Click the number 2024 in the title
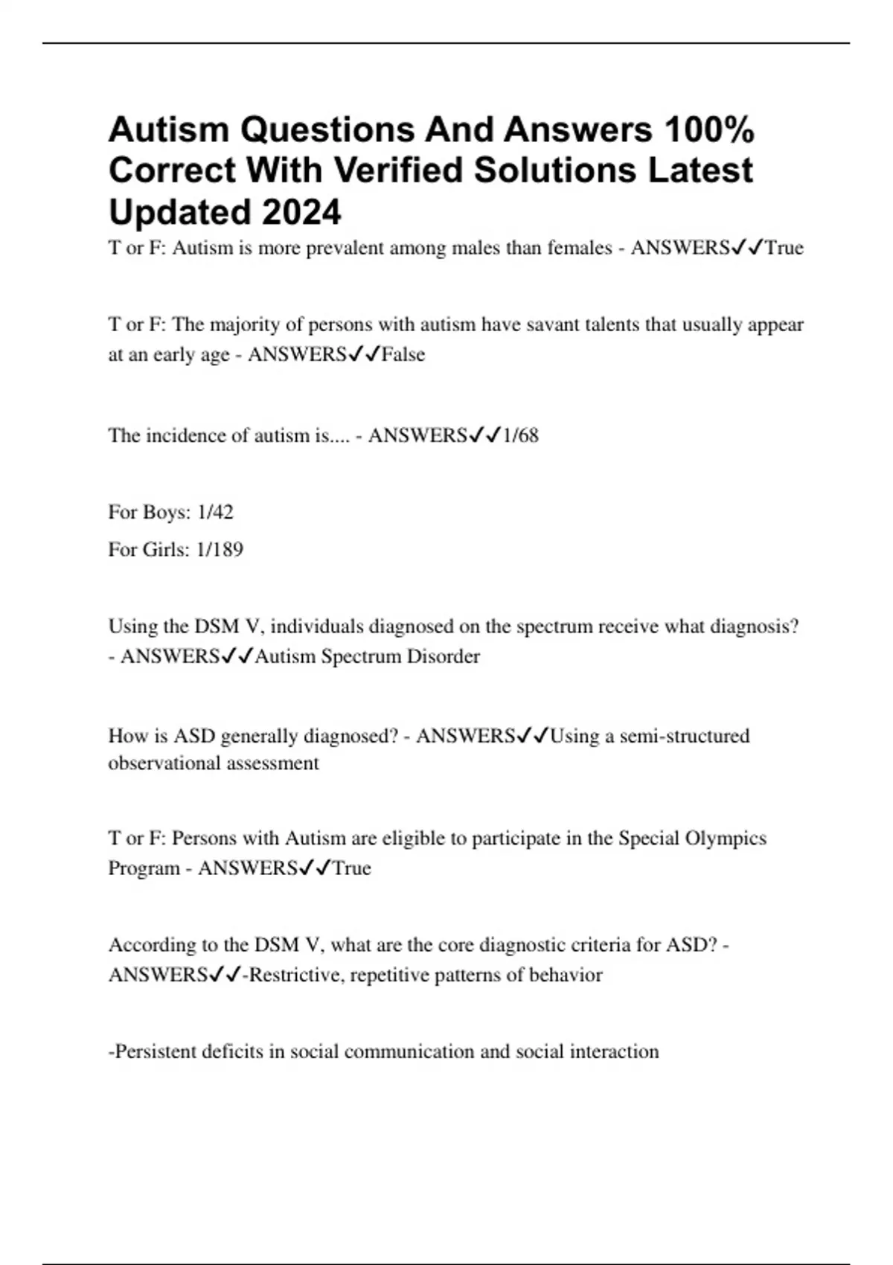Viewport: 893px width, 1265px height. [301, 212]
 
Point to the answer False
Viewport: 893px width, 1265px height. [403, 354]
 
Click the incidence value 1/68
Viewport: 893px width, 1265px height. [520, 435]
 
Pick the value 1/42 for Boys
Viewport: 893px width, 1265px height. [215, 512]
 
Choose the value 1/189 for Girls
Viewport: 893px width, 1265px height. [220, 549]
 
